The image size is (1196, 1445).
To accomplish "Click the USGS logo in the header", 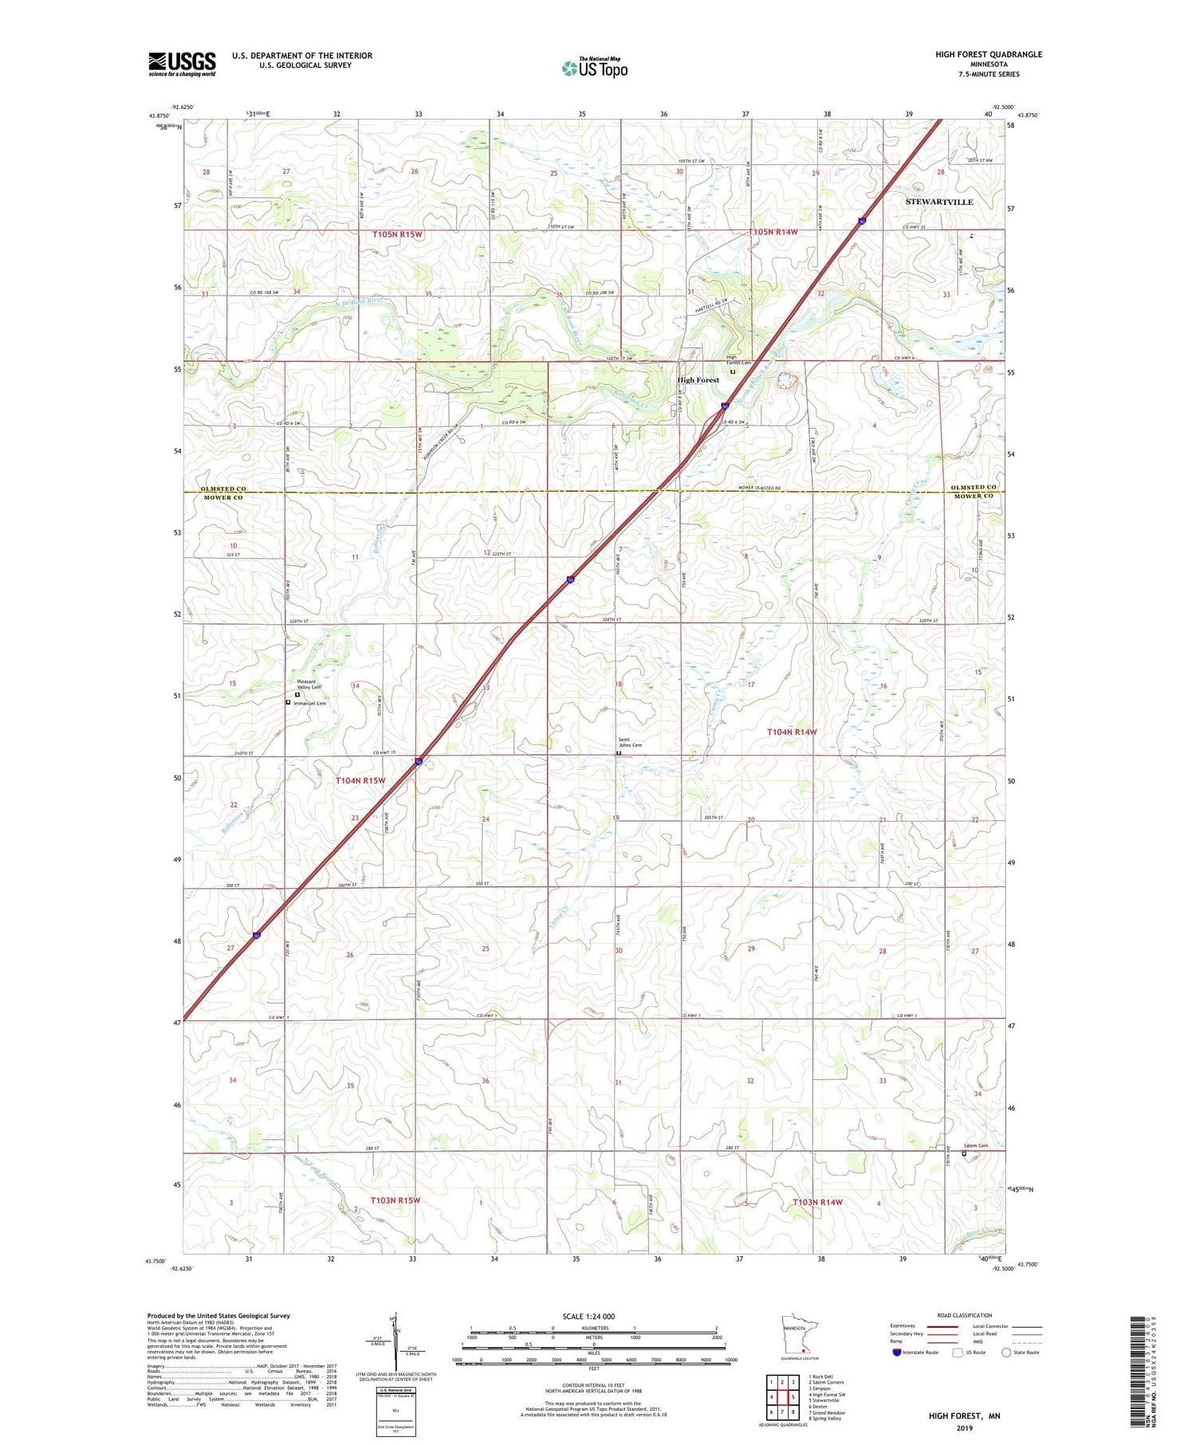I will click(x=182, y=64).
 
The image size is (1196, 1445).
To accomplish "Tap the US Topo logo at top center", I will click(x=595, y=68).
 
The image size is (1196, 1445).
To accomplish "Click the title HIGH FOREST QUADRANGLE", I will click(x=989, y=54).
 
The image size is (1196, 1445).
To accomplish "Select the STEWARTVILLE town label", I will click(x=938, y=202).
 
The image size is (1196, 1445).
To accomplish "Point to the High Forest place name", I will click(x=698, y=380).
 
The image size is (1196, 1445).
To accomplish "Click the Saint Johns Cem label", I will click(x=630, y=742).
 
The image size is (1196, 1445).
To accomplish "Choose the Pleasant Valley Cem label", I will click(x=309, y=684).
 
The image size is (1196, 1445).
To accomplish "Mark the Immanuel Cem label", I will click(x=309, y=703).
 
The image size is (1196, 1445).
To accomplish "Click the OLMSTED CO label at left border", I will click(x=222, y=488).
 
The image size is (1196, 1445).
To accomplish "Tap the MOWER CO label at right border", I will click(x=974, y=496).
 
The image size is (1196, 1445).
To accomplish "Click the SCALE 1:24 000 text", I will click(x=588, y=1316).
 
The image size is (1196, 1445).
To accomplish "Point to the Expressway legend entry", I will click(x=902, y=1326).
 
